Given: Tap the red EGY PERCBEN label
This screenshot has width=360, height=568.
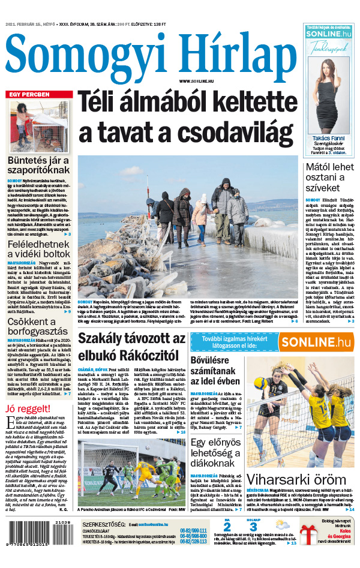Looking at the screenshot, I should [28, 95].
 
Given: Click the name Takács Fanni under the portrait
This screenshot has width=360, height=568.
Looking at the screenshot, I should [329, 138].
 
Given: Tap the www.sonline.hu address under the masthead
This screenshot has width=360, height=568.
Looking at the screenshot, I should [198, 81].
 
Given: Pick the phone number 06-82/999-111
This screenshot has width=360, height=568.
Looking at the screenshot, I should [193, 530].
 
